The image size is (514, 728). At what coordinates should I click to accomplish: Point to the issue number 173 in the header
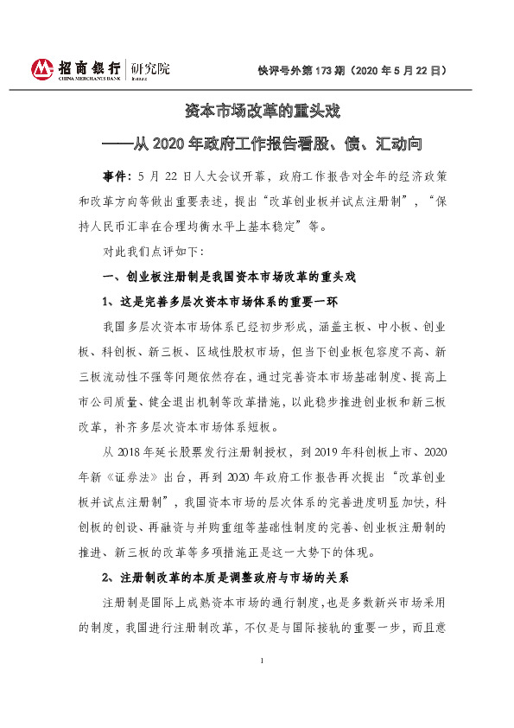pyautogui.click(x=330, y=68)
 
